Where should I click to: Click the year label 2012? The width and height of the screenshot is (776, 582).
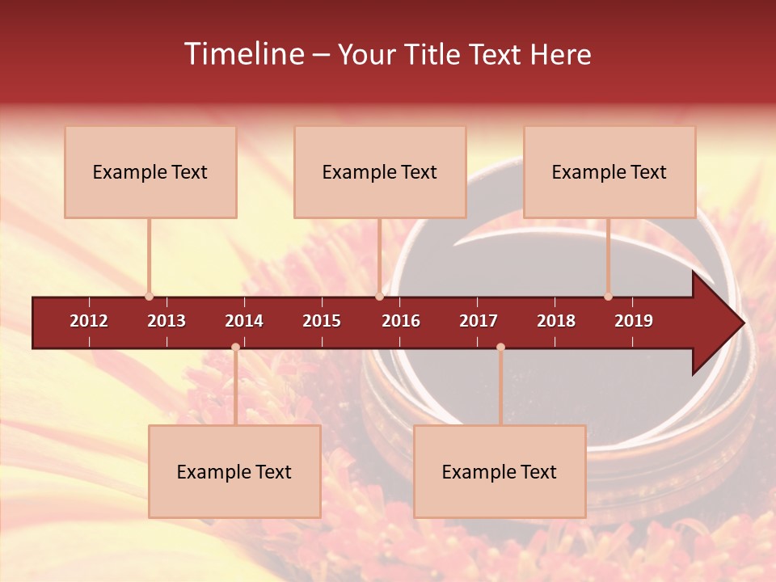tap(89, 321)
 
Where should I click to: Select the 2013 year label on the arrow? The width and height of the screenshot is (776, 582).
tap(167, 321)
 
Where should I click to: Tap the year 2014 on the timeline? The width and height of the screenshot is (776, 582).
tap(244, 321)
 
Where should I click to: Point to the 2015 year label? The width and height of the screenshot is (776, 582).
tap(322, 321)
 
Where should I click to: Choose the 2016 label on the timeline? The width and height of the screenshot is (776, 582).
tap(401, 321)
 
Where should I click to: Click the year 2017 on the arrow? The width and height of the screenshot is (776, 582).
tap(479, 321)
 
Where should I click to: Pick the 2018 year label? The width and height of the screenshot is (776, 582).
tap(556, 321)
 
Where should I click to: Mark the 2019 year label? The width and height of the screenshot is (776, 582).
tap(634, 321)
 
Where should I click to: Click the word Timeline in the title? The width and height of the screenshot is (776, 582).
tap(242, 54)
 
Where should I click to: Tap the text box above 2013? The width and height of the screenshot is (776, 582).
tap(150, 172)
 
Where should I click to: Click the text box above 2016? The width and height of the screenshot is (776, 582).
tap(380, 172)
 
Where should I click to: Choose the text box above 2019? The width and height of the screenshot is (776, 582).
tap(609, 172)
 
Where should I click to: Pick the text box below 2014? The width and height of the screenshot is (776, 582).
tap(234, 472)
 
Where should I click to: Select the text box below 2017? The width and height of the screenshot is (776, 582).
tap(500, 472)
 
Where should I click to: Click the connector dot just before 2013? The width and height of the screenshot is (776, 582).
tap(149, 297)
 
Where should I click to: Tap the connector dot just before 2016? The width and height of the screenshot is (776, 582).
tap(380, 297)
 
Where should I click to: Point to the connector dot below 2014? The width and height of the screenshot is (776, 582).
tap(235, 347)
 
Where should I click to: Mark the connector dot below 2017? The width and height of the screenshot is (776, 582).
tap(500, 347)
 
